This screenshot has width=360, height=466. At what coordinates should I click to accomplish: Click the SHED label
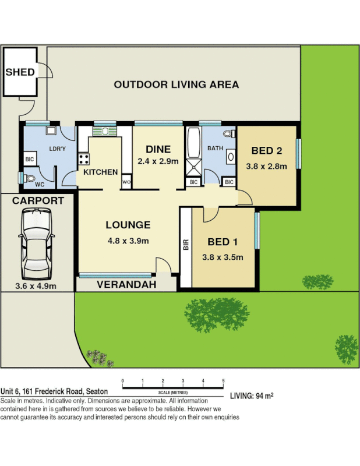coord(20,72)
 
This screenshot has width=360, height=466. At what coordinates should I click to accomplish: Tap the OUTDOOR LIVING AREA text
coord(176,84)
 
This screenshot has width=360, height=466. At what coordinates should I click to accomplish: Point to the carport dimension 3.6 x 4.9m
coord(36,286)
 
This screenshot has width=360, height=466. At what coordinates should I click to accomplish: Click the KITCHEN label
coord(100,172)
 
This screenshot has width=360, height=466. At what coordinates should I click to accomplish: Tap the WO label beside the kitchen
coord(126,183)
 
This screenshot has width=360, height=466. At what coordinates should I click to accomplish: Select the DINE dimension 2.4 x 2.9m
coord(157,161)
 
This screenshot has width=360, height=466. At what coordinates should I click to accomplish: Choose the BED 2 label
coord(266,151)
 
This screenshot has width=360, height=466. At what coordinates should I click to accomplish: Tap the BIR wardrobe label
coord(186,245)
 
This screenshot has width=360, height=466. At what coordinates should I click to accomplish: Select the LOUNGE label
coord(128,225)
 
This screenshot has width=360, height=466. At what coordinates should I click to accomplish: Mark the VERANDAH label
coord(126,285)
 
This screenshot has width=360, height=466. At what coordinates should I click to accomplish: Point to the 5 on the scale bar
coord(223,380)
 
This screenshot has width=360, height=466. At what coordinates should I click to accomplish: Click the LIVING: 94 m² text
coord(252,396)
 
